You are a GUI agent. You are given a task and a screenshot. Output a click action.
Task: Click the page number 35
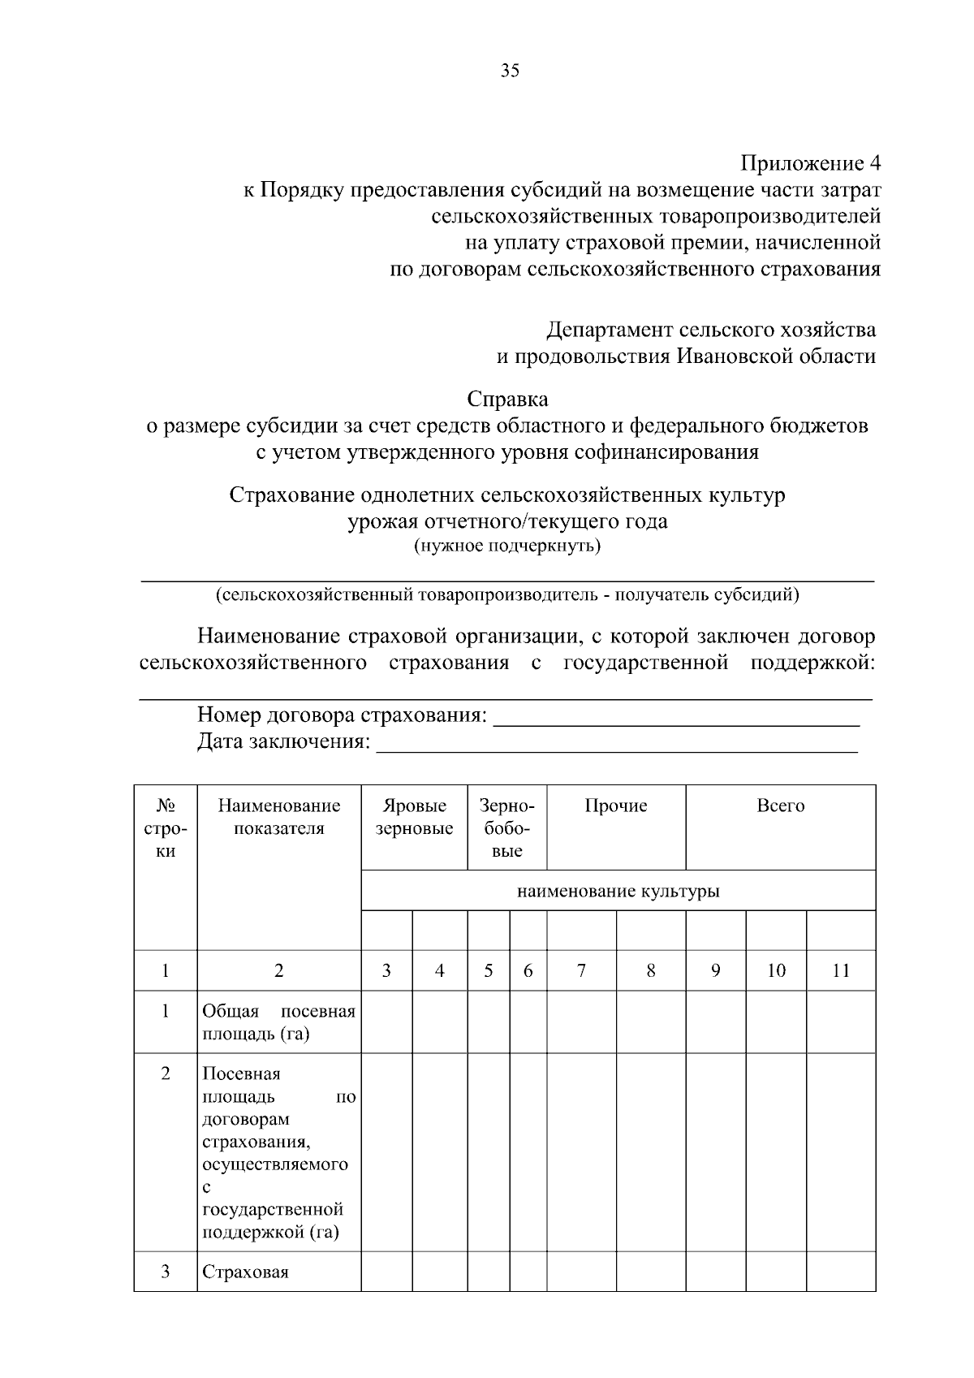(510, 71)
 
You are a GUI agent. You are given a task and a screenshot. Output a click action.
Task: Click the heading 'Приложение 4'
(810, 163)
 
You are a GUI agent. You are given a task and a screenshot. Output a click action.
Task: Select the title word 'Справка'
(507, 399)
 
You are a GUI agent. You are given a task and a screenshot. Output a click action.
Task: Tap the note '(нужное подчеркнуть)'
(507, 546)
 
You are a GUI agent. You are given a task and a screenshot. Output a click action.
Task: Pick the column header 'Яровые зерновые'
(414, 817)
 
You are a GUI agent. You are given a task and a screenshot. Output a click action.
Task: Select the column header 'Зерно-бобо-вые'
(506, 827)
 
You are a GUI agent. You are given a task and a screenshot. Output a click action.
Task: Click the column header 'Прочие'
(615, 806)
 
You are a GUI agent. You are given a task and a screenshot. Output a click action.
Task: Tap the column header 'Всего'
(780, 806)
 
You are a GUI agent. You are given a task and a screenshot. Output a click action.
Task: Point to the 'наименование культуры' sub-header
(618, 892)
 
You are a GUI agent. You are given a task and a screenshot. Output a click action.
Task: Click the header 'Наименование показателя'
(278, 817)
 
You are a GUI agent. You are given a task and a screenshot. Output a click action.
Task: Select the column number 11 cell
(840, 970)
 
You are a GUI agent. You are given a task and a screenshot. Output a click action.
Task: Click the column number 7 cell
(581, 970)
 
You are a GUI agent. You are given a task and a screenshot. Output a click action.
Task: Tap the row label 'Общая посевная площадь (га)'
(278, 1022)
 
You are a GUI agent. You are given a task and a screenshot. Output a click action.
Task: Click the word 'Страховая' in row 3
(245, 1272)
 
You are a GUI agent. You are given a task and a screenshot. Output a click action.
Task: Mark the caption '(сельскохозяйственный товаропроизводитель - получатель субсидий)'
(507, 594)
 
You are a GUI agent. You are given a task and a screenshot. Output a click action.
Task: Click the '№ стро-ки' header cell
(165, 827)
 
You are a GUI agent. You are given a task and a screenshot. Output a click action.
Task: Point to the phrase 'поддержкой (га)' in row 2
(269, 1232)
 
